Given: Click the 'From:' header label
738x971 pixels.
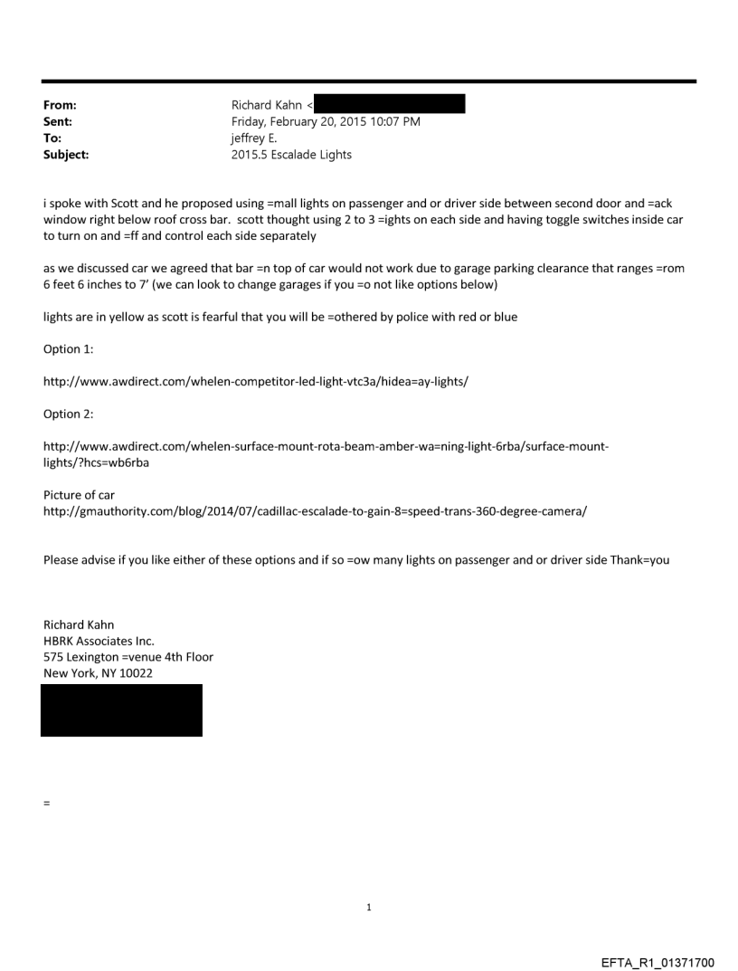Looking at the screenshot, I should [60, 106].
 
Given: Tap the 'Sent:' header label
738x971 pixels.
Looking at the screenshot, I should [57, 122].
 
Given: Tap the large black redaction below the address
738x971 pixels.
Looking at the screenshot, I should [121, 710].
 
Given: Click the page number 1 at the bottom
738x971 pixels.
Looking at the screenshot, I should [369, 907].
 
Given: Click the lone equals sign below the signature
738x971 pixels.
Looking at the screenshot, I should [46, 803].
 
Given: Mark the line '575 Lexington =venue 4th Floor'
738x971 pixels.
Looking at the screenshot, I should [128, 657].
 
